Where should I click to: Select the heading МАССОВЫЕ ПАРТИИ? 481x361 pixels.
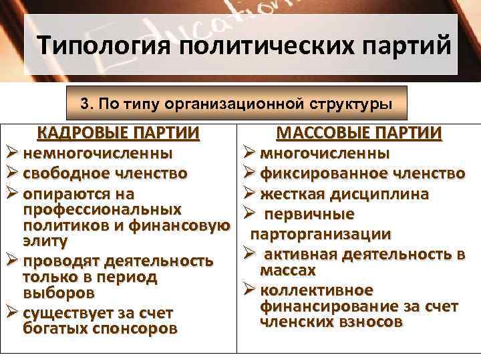click(x=359, y=132)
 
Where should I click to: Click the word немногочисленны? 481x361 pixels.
click(x=98, y=153)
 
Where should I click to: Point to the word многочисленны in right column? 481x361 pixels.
click(x=325, y=153)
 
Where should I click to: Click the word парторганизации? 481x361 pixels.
click(x=321, y=235)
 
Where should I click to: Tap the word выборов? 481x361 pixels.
click(x=59, y=292)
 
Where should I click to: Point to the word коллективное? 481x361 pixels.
click(x=317, y=291)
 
